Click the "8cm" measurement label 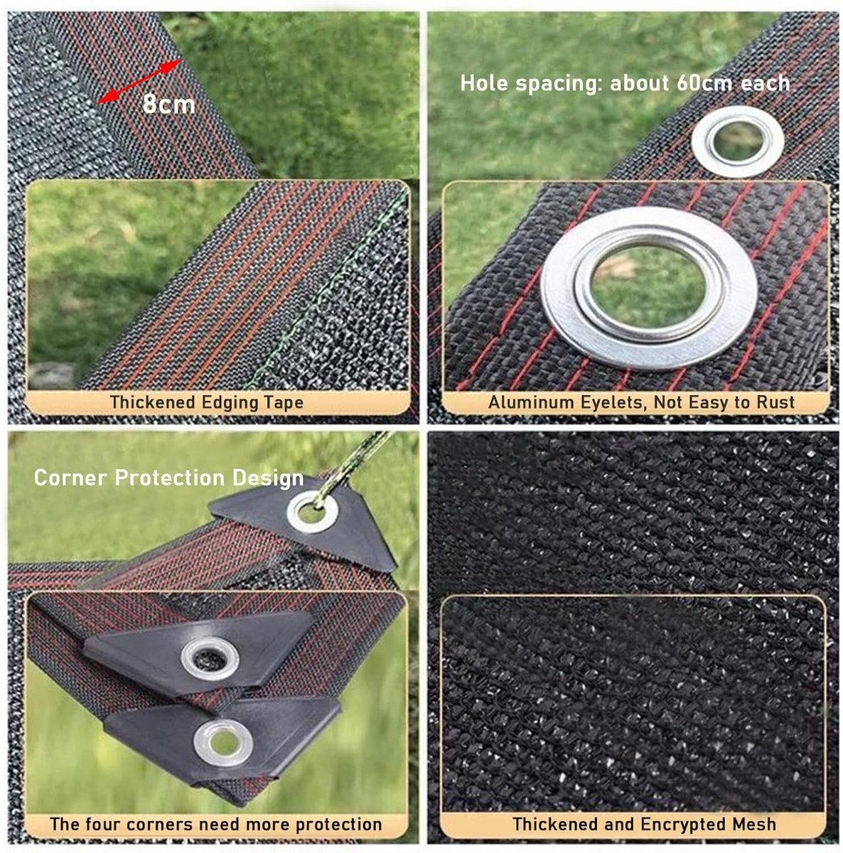click(x=168, y=104)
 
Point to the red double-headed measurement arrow click(x=139, y=81)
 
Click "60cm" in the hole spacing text click(x=704, y=83)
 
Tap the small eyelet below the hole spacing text click(x=738, y=141)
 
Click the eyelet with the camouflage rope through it click(x=313, y=512)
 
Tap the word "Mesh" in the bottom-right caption click(x=754, y=825)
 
